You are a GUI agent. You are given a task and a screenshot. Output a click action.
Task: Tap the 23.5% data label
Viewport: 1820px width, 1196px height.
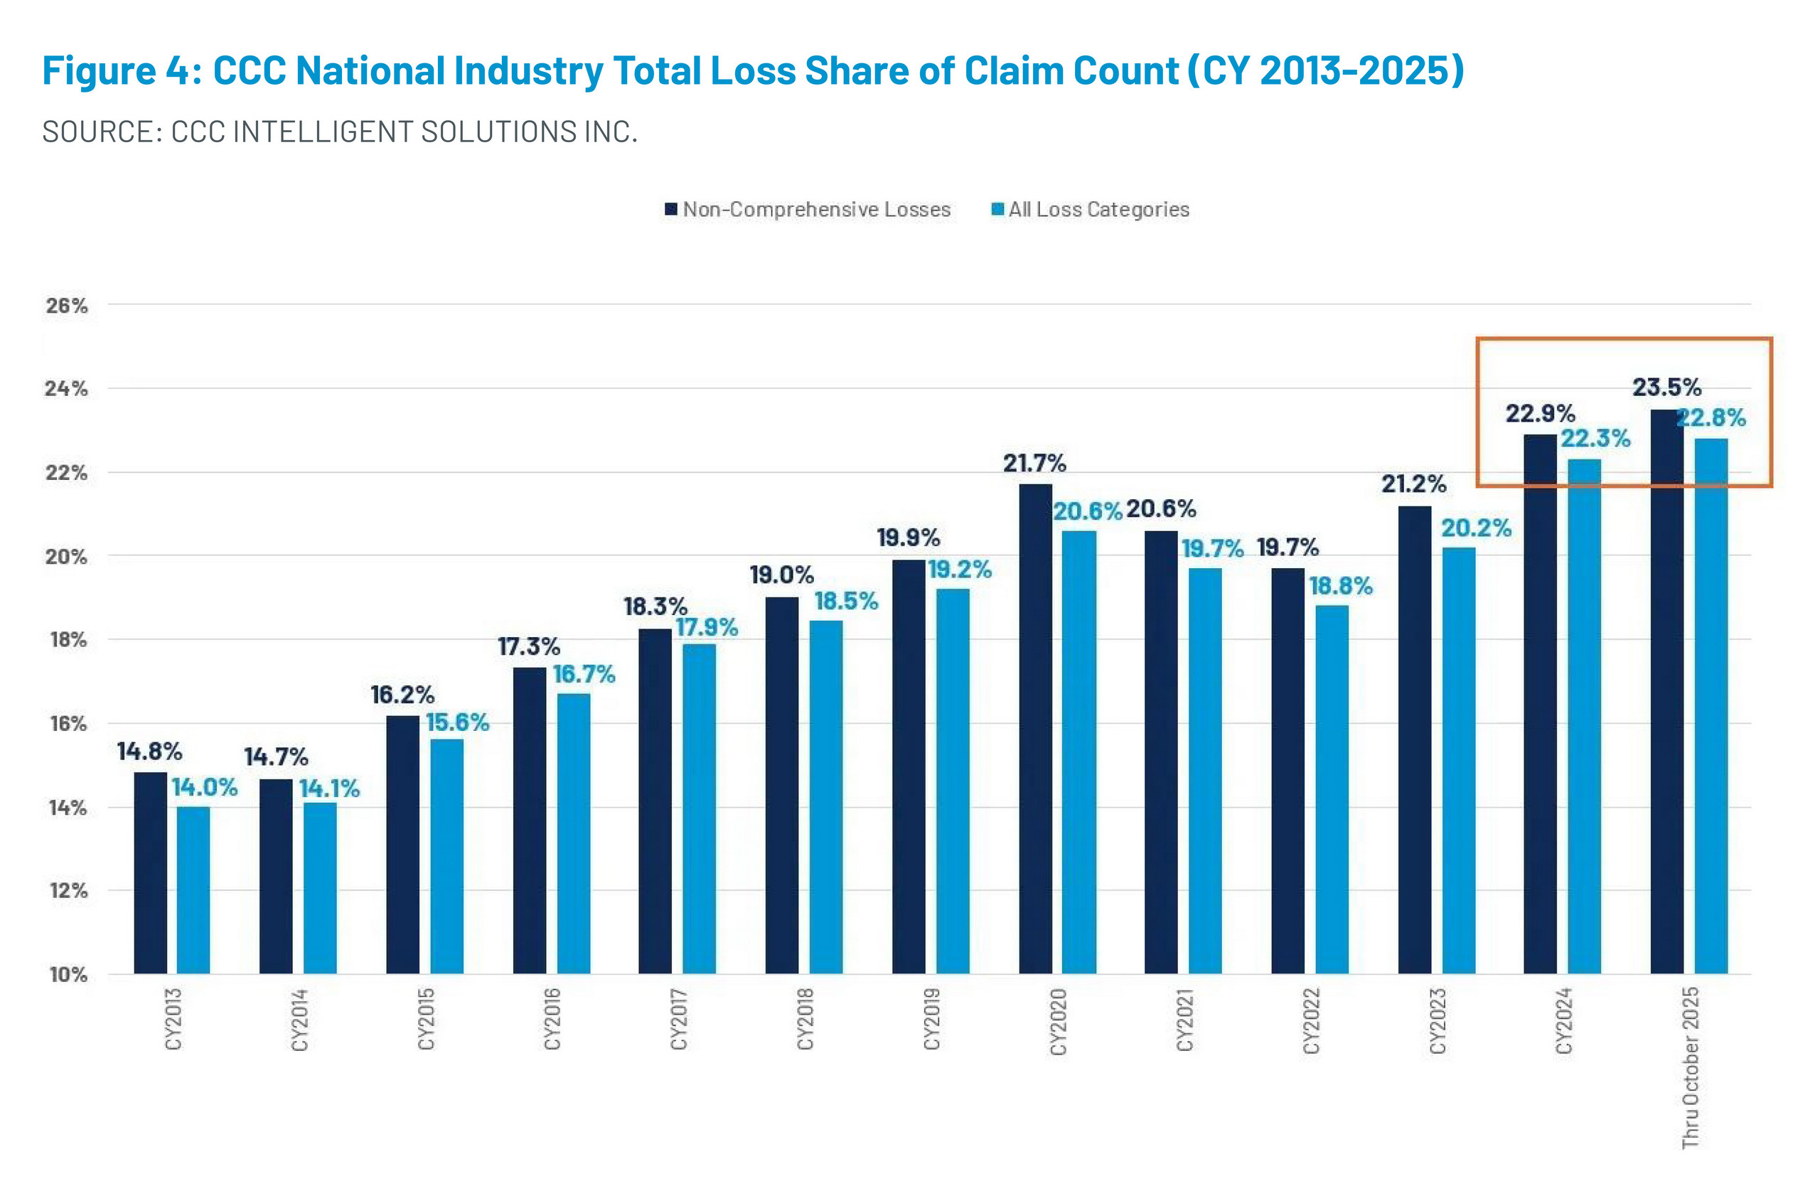1667,388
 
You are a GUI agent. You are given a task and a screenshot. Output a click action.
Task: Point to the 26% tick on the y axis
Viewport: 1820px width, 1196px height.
68,306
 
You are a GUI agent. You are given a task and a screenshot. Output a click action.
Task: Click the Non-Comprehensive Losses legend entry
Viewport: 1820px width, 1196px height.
808,210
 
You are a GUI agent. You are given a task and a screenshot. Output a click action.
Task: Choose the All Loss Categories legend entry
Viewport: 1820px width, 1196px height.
1091,210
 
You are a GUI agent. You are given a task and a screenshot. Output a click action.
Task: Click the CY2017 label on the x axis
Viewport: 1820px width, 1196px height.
678,1020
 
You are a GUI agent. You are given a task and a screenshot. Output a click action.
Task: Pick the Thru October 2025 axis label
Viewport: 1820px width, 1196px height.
1690,1067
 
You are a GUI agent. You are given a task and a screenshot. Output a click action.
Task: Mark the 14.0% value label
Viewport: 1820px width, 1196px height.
204,788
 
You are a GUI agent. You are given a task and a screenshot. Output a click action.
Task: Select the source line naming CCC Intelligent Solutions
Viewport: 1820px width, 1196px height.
340,132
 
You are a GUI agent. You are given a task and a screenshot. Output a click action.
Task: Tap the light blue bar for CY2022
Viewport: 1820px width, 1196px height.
1332,789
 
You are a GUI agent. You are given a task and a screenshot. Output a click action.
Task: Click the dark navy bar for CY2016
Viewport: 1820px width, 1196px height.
529,820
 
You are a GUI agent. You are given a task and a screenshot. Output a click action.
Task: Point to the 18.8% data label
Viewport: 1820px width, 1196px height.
1341,587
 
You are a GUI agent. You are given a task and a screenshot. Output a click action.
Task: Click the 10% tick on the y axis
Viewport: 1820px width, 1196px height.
68,975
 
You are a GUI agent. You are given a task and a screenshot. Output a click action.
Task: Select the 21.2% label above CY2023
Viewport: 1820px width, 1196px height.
1413,484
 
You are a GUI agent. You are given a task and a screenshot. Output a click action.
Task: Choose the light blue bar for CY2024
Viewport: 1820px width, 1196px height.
1585,716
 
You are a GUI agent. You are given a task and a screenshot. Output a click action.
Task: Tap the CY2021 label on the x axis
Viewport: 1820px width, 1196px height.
1184,1020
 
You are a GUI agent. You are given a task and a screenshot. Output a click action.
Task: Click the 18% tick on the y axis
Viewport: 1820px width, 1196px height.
68,640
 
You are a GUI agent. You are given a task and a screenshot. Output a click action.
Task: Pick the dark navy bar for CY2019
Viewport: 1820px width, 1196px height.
909,767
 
